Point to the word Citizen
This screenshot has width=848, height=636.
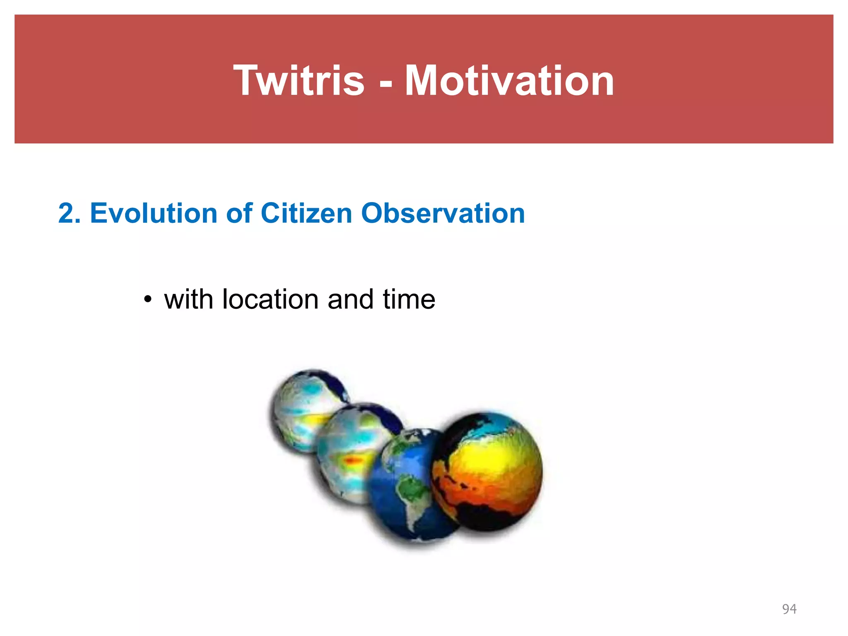(x=306, y=213)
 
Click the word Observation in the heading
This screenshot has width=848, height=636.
(x=443, y=213)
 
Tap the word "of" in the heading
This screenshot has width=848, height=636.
(x=239, y=213)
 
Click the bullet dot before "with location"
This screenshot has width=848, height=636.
(x=148, y=299)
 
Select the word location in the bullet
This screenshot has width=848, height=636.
(x=270, y=299)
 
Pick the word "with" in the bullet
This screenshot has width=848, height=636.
(x=188, y=299)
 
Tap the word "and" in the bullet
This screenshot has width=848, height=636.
(x=351, y=299)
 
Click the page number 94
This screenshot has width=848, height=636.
(x=789, y=609)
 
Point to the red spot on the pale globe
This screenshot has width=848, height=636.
(x=353, y=460)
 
